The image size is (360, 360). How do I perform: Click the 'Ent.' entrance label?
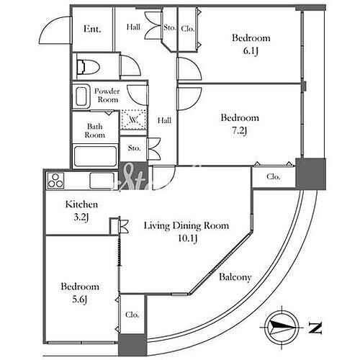92,29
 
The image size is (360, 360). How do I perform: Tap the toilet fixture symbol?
86,67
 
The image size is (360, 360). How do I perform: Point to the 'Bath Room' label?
95,130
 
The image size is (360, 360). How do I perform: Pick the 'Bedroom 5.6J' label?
79,292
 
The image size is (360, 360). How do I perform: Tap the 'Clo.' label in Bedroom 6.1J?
187,29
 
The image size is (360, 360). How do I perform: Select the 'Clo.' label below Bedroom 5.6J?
132,315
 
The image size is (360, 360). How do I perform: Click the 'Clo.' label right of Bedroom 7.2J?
273,176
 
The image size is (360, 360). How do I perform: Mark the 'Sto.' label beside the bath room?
134,148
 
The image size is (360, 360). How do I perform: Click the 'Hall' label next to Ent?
134,27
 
